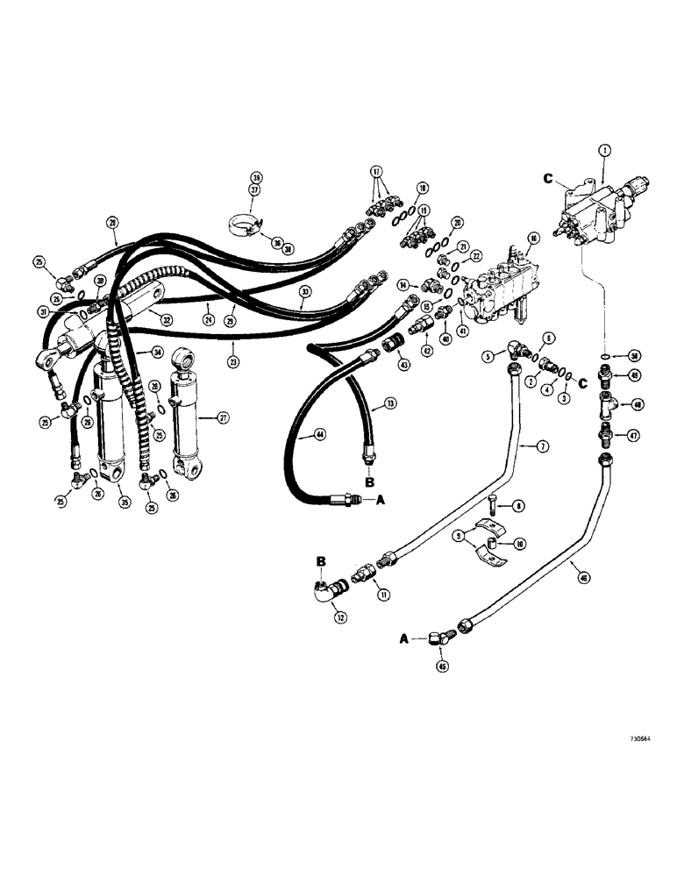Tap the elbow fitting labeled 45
coord(438,644)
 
